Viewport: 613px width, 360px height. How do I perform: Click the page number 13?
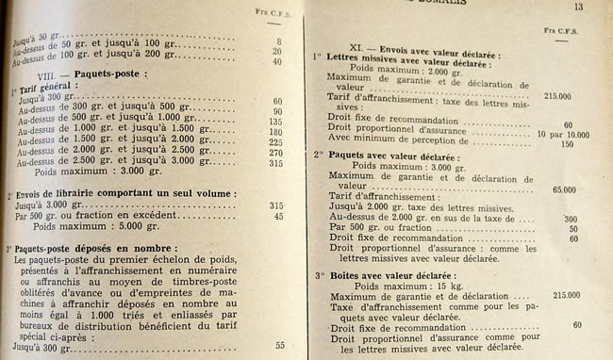[x=579, y=7]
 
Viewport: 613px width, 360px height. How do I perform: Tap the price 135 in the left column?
[x=277, y=122]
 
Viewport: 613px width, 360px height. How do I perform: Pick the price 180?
[x=277, y=132]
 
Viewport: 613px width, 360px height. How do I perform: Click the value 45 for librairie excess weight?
[x=277, y=216]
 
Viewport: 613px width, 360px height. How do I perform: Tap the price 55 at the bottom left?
[x=279, y=345]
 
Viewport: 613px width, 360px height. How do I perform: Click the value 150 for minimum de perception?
[x=568, y=145]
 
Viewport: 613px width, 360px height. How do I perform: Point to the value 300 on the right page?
[x=570, y=218]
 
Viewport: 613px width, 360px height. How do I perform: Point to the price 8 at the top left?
[x=279, y=41]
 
